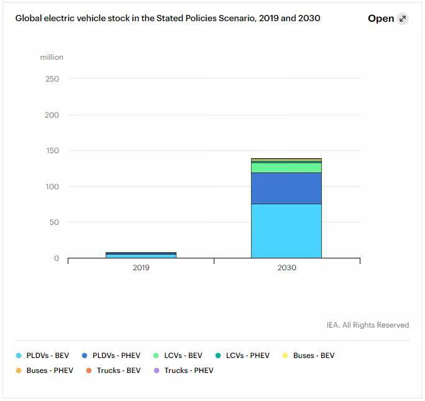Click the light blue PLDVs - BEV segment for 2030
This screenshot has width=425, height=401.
(x=286, y=230)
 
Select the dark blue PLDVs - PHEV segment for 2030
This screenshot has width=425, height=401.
(x=286, y=188)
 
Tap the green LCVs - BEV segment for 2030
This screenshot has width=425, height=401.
(x=286, y=167)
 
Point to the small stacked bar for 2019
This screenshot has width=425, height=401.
(x=141, y=255)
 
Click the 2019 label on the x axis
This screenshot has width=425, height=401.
(x=141, y=268)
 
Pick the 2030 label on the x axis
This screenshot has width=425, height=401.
(x=286, y=268)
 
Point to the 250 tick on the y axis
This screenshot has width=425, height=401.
(x=52, y=79)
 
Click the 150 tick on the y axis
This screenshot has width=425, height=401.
(x=52, y=151)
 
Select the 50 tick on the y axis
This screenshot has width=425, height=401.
(x=55, y=222)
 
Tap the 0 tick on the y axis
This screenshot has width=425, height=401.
(x=57, y=258)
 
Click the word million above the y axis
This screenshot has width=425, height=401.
(x=52, y=57)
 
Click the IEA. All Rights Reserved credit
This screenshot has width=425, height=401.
(x=367, y=325)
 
